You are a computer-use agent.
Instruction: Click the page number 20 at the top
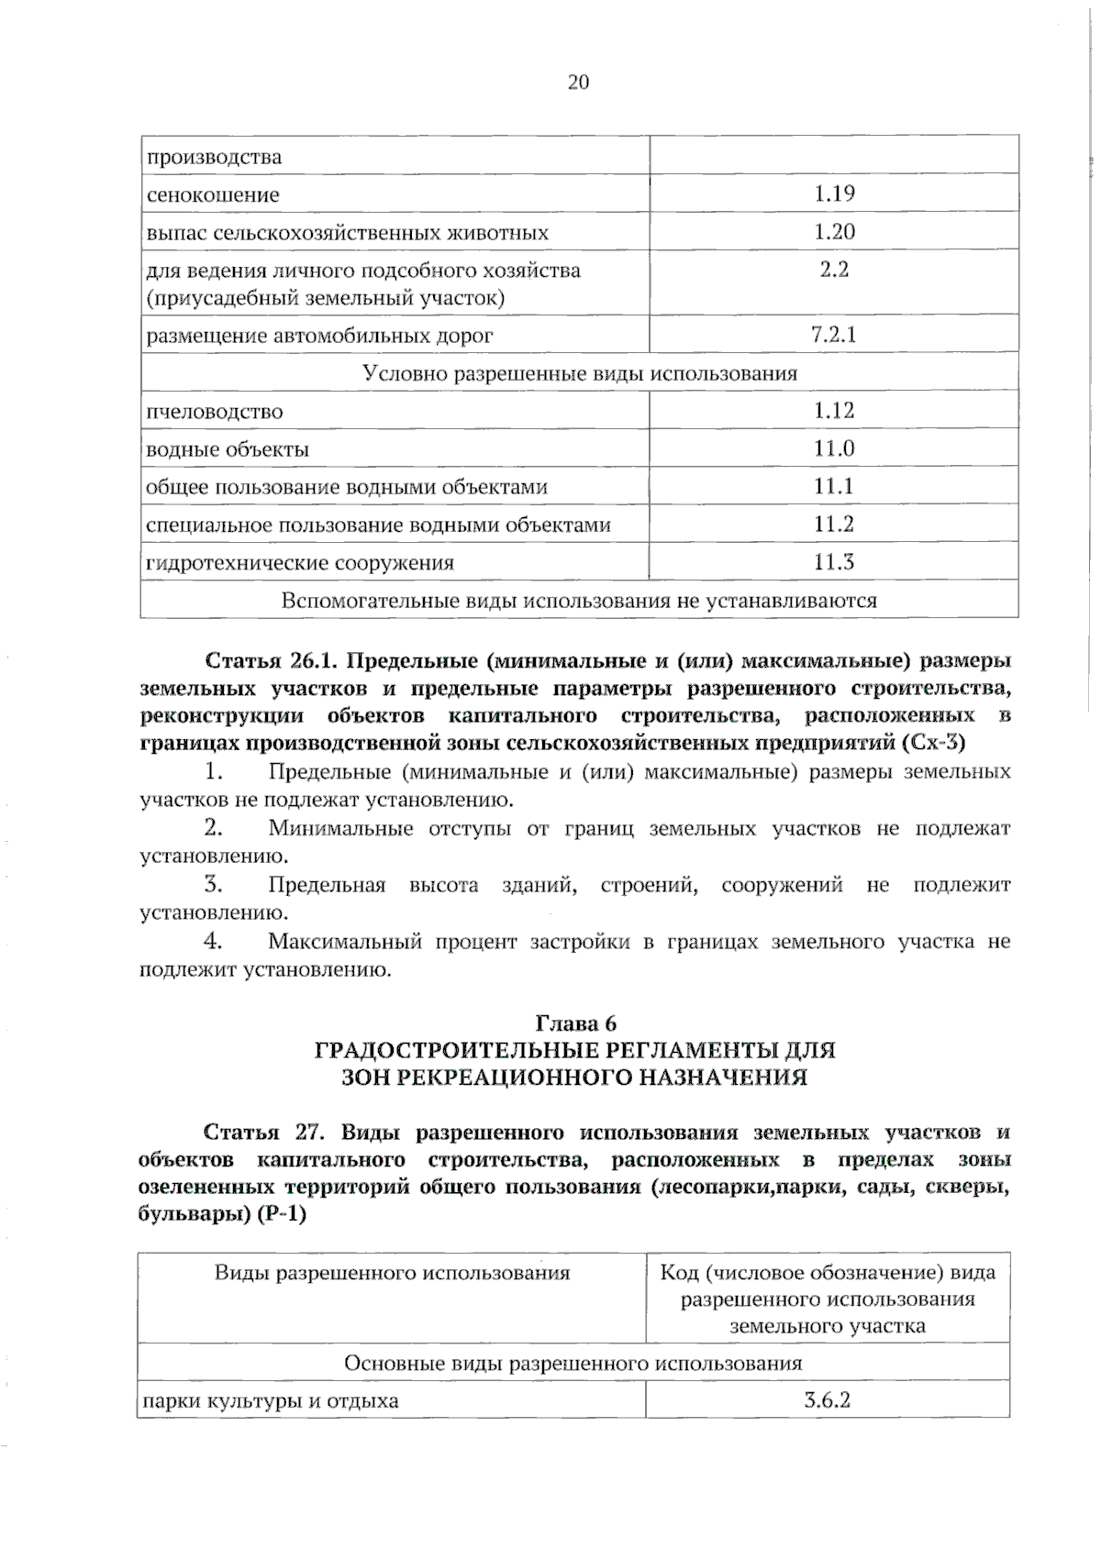(x=578, y=83)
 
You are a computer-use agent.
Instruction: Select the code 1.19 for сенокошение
(x=834, y=193)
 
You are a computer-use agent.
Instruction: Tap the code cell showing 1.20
(x=834, y=231)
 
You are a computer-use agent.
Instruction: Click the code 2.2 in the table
(x=834, y=270)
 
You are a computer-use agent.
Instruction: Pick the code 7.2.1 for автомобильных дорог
(x=834, y=335)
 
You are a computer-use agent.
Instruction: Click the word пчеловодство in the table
(x=215, y=412)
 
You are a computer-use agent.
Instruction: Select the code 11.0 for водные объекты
(x=834, y=448)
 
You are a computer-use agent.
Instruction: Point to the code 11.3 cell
(x=834, y=562)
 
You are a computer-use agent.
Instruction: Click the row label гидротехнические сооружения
(x=300, y=563)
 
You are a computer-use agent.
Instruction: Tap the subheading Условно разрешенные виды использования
(x=580, y=373)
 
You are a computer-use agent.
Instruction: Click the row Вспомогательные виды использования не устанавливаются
(x=580, y=601)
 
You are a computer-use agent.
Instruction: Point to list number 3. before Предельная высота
(x=214, y=885)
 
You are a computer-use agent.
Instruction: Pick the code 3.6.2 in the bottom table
(x=827, y=1400)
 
